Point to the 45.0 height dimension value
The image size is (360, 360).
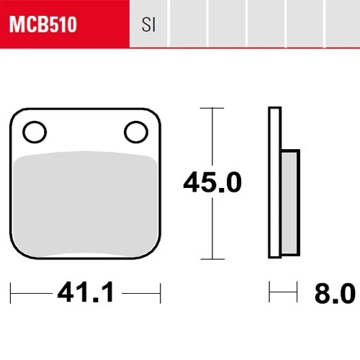(x=211, y=182)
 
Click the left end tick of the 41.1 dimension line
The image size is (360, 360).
(x=13, y=292)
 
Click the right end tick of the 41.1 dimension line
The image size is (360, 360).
(x=159, y=292)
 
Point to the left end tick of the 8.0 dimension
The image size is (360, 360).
(x=269, y=292)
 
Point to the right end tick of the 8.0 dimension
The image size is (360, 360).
(x=297, y=292)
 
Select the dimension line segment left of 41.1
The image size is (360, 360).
(x=32, y=292)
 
